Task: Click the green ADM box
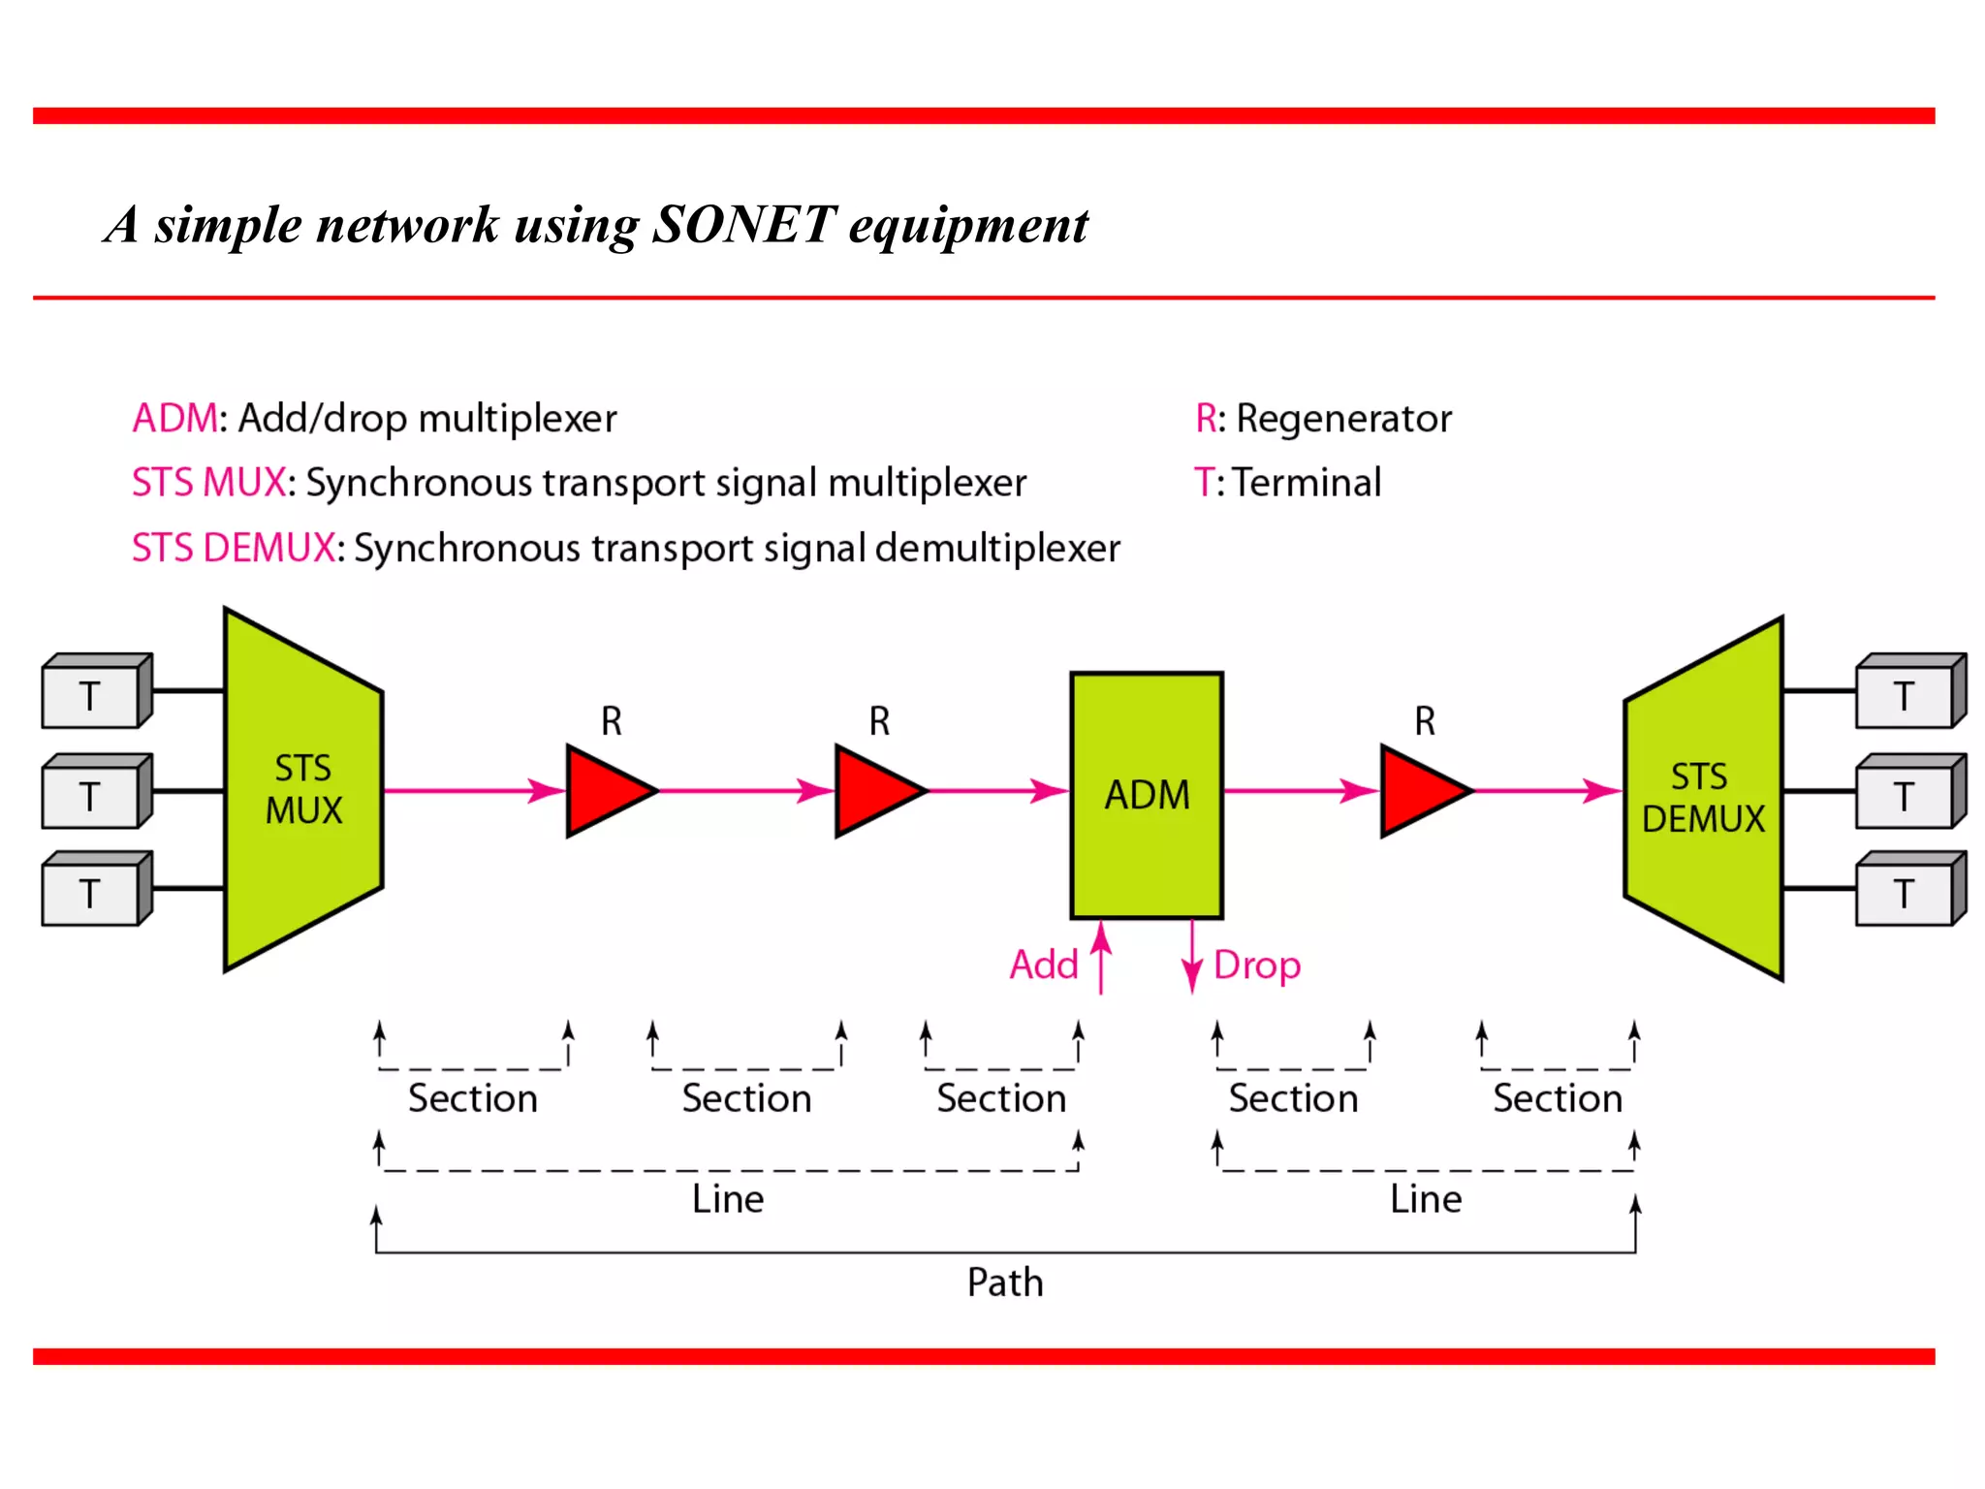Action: click(1146, 795)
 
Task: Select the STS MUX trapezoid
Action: click(303, 790)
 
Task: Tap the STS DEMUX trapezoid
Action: click(1704, 798)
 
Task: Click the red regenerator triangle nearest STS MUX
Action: click(607, 791)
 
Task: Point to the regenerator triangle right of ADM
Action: click(1421, 791)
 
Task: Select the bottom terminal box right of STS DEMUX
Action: click(1906, 893)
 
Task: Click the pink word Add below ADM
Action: click(1043, 966)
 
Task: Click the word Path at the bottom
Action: click(1005, 1283)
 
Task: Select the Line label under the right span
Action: click(1425, 1200)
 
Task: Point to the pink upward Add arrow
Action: click(1101, 958)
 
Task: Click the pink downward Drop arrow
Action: click(1192, 958)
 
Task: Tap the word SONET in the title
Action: click(743, 225)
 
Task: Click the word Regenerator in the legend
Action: click(1343, 419)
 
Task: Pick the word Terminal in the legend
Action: click(1307, 483)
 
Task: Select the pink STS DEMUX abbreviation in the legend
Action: click(234, 549)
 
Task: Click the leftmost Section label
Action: click(472, 1099)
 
